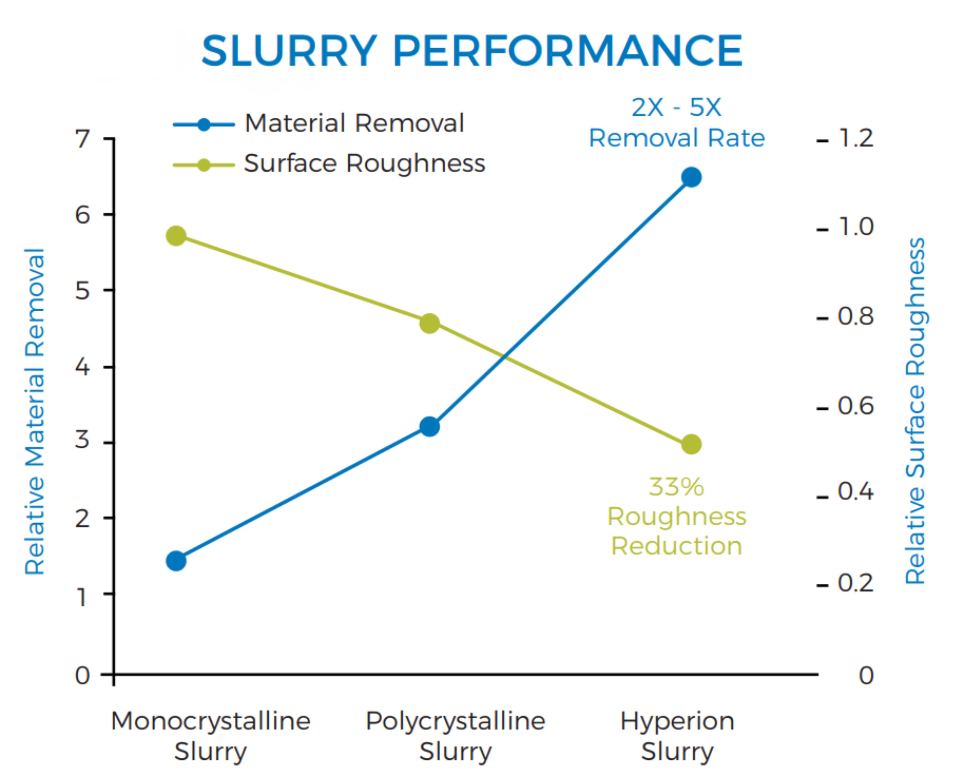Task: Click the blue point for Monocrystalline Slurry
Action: point(176,561)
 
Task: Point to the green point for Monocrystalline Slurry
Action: point(176,236)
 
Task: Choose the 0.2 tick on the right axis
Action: point(855,583)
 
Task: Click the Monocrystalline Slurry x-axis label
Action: point(211,736)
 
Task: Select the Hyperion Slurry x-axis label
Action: point(677,736)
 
